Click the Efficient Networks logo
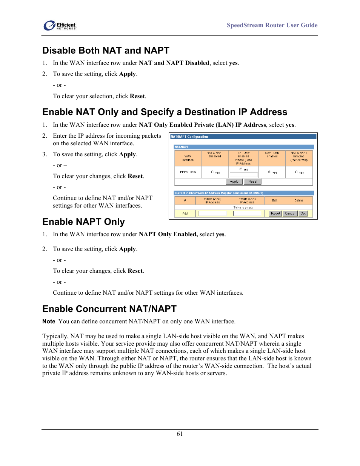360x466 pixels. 60,25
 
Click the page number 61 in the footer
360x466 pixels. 180,434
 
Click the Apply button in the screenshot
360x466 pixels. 234,181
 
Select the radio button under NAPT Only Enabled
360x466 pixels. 269,172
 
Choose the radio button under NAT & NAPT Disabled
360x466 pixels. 212,172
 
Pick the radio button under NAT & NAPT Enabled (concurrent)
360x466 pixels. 296,172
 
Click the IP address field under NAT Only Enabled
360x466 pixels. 243,174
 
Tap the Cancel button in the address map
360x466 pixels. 290,214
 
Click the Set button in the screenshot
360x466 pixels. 303,214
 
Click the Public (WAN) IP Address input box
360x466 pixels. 213,214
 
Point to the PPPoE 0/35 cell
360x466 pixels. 188,172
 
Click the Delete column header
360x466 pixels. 298,200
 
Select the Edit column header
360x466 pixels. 275,200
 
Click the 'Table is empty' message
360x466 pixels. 243,208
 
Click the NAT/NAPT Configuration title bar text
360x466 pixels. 189,137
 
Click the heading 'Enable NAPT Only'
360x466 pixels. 83,222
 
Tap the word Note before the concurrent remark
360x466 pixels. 49,321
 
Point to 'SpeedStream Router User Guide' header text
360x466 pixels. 272,25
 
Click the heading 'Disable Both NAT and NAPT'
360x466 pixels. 106,51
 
